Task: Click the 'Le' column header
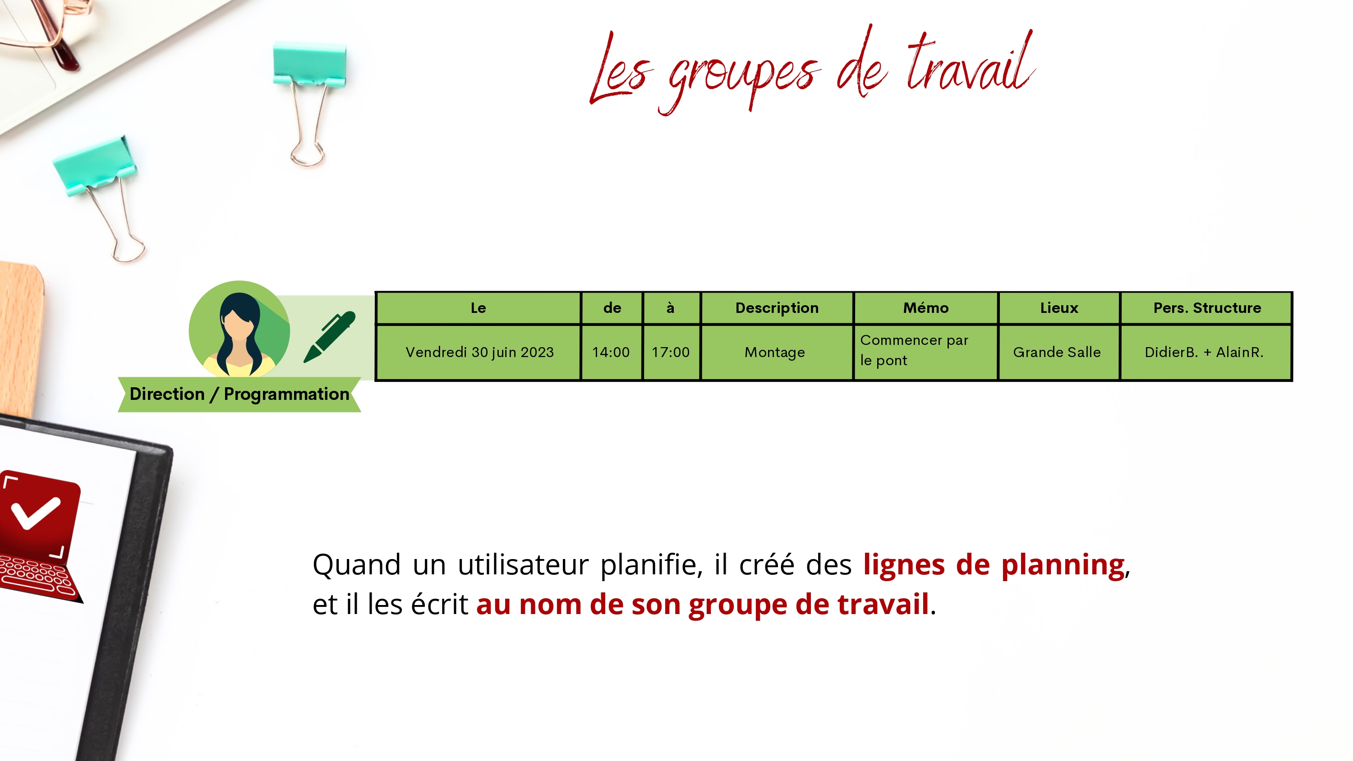478,308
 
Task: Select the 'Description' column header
776,308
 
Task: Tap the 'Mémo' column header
925,308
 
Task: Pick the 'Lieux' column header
1059,308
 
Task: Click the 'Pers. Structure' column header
1206,308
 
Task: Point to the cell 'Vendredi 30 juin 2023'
479,352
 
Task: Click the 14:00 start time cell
611,352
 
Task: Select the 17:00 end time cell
671,352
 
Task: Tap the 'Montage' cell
775,352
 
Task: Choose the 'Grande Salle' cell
1057,352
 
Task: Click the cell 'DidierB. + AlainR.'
1204,352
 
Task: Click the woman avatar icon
239,329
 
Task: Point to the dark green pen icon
330,337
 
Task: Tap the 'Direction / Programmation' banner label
239,394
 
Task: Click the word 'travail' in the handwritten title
971,63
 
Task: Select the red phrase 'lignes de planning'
994,564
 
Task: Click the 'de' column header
612,308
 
